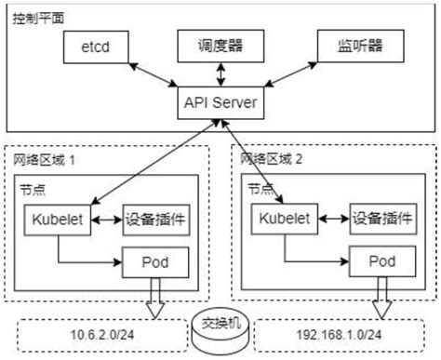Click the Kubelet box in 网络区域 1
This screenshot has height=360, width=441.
pos(58,220)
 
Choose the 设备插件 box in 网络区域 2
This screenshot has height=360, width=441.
pos(376,221)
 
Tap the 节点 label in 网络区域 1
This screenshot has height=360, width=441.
pos(30,187)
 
